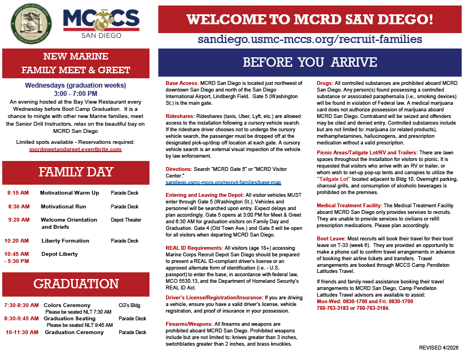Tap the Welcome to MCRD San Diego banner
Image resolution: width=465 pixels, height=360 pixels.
(x=309, y=19)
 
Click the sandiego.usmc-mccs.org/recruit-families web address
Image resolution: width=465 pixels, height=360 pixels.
(x=309, y=39)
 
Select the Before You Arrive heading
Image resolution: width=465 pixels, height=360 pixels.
(x=309, y=61)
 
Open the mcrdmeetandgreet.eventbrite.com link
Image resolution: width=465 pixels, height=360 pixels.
(x=76, y=149)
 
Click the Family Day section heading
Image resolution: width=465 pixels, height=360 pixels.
(x=76, y=172)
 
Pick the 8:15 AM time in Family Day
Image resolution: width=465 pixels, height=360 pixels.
(x=19, y=193)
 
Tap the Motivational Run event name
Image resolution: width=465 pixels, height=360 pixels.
(x=63, y=206)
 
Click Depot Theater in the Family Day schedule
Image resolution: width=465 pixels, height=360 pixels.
(x=126, y=220)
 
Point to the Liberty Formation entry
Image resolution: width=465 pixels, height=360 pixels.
(x=65, y=240)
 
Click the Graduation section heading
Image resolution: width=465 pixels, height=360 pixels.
(x=76, y=284)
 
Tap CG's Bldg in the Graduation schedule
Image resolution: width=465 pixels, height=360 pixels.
(x=130, y=305)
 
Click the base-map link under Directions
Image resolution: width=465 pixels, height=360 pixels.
(x=223, y=182)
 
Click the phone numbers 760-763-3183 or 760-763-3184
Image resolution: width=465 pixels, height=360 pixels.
(x=352, y=308)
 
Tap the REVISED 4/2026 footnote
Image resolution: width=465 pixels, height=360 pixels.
(x=438, y=348)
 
